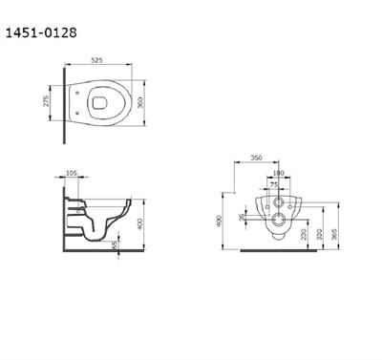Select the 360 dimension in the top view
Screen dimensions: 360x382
[x=142, y=102]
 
